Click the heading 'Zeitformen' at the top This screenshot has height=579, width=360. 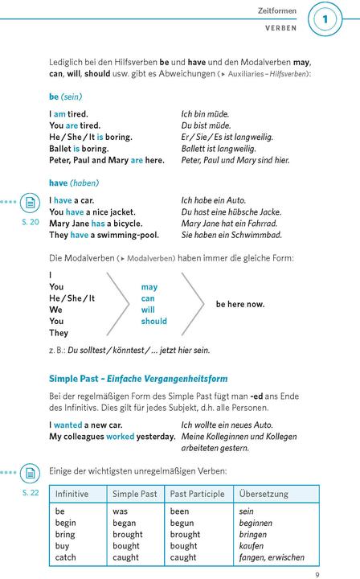[x=277, y=11]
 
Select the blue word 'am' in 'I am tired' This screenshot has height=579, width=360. [x=63, y=114]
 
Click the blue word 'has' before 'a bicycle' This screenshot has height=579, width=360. [x=98, y=224]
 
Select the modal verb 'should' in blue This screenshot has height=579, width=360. [x=153, y=321]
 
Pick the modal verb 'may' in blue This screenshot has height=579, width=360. [x=149, y=286]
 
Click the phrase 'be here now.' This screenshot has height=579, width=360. [x=240, y=304]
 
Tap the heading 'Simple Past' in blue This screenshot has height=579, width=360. [x=73, y=378]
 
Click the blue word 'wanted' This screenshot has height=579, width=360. [x=68, y=425]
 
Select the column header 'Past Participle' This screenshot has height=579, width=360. [x=197, y=494]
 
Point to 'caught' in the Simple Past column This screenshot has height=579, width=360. [x=127, y=557]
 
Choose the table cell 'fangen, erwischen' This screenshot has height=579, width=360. [x=272, y=557]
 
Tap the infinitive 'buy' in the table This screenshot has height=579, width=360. [x=62, y=546]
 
